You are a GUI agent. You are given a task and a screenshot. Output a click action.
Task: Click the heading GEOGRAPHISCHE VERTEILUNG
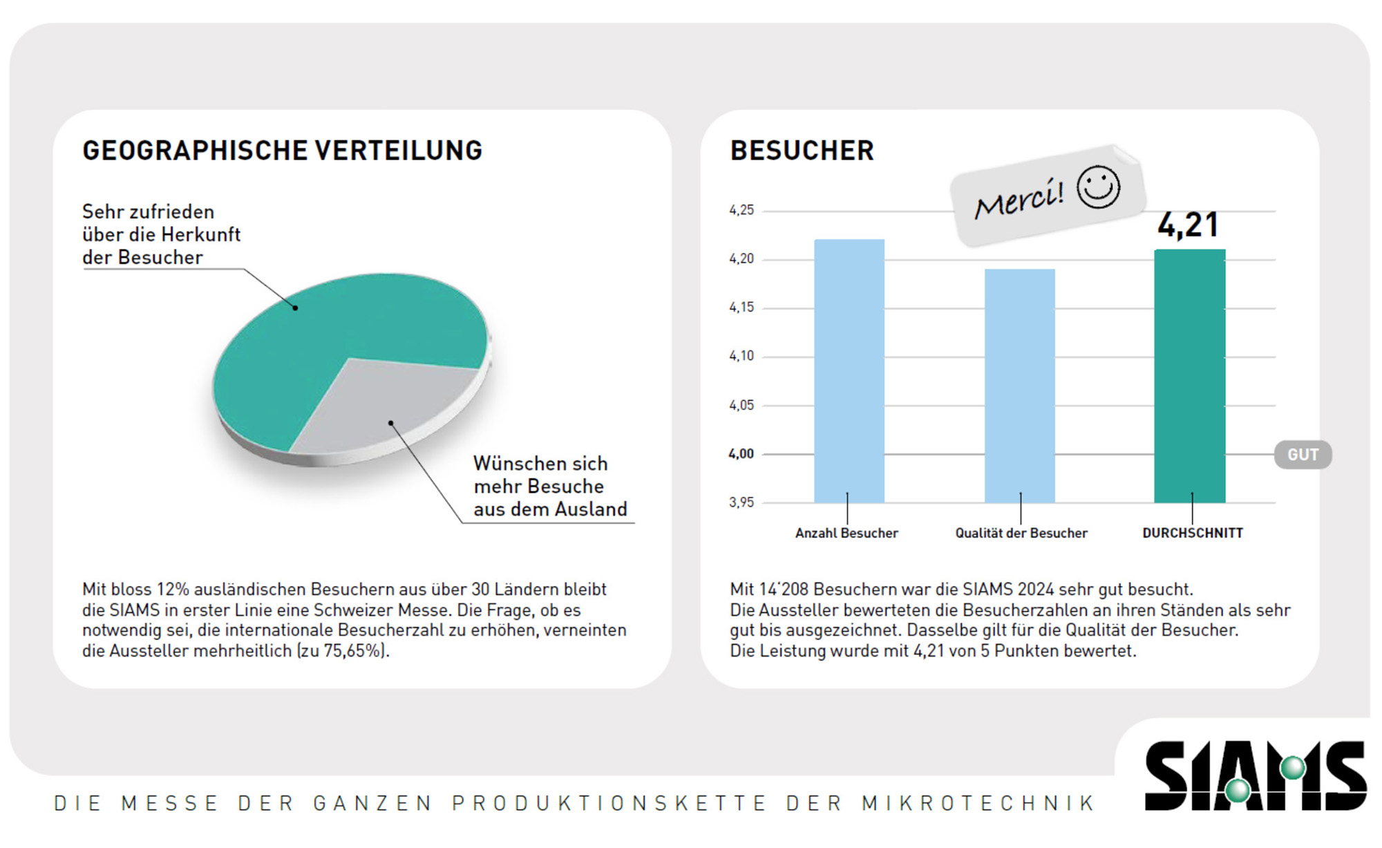(x=282, y=151)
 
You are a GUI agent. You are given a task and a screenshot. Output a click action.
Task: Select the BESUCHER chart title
(x=802, y=151)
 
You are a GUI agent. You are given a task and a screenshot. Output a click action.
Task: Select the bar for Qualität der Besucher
(x=1020, y=387)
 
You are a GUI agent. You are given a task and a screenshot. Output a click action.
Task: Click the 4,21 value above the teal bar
(x=1189, y=225)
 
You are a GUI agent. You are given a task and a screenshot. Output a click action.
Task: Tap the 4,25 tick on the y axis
(x=741, y=210)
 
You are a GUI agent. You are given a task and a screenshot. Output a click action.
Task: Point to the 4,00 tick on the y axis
(x=741, y=454)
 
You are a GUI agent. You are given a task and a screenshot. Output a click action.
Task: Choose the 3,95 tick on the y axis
(x=741, y=502)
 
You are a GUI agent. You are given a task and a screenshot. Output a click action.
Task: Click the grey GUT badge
(x=1303, y=455)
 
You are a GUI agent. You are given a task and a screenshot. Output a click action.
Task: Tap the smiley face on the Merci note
(x=1098, y=187)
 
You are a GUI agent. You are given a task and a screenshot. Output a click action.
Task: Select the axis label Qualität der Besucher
(x=1021, y=533)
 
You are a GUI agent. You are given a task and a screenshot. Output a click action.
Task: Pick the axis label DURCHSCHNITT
(x=1193, y=533)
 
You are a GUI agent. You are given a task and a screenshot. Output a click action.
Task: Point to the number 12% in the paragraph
(x=173, y=590)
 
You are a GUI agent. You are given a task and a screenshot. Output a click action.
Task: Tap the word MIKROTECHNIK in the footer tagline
(x=978, y=803)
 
